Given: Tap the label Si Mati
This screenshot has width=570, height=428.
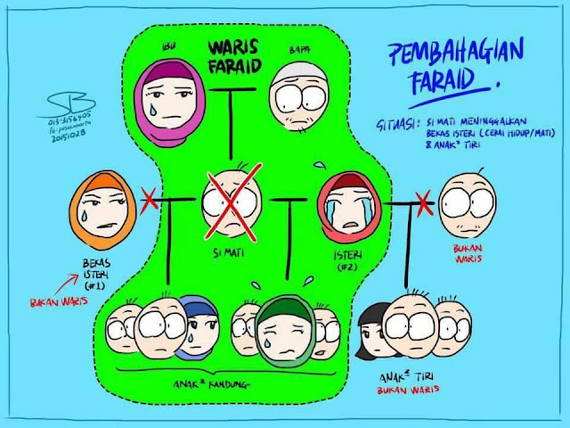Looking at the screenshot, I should pos(228,254).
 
